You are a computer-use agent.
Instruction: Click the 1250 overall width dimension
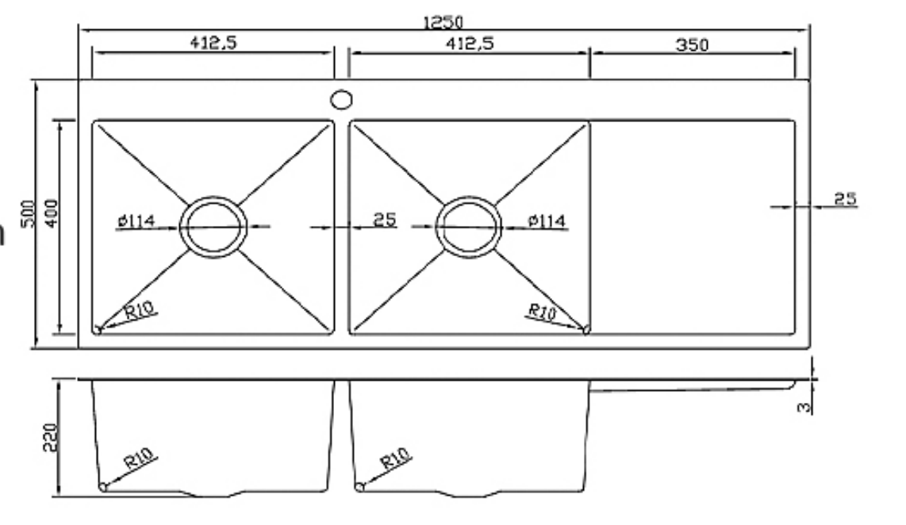443,22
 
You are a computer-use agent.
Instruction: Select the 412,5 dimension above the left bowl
213,44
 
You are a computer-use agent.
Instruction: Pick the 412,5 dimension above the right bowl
469,44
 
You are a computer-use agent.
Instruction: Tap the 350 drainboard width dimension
692,44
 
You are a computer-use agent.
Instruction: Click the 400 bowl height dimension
52,215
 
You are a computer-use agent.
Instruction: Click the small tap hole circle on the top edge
341,100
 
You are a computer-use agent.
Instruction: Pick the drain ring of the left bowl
213,227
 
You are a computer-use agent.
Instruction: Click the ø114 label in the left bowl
135,222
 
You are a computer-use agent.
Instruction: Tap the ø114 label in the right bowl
547,220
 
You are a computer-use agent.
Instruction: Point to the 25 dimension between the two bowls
384,219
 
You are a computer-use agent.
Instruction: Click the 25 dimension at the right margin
845,198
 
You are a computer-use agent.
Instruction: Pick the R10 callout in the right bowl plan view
543,311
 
